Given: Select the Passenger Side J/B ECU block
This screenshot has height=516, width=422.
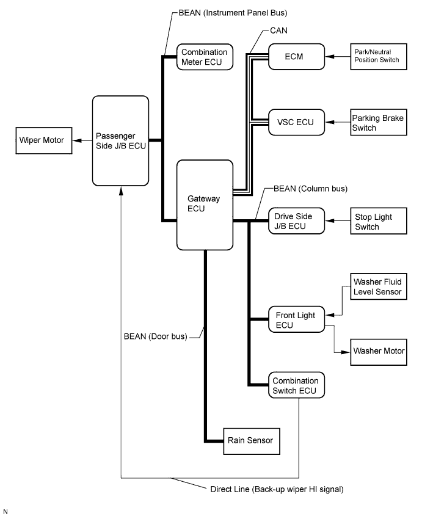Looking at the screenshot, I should [120, 140].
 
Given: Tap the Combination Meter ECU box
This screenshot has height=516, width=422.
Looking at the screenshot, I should [203, 57].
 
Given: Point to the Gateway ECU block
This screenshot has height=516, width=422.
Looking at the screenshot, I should [205, 204].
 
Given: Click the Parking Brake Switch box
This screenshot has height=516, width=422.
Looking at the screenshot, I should [377, 122].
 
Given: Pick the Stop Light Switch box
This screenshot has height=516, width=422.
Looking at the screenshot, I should [377, 222].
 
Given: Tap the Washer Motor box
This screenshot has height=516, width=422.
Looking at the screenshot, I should [377, 351].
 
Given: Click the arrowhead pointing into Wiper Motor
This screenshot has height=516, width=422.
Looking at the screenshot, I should [76, 140].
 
